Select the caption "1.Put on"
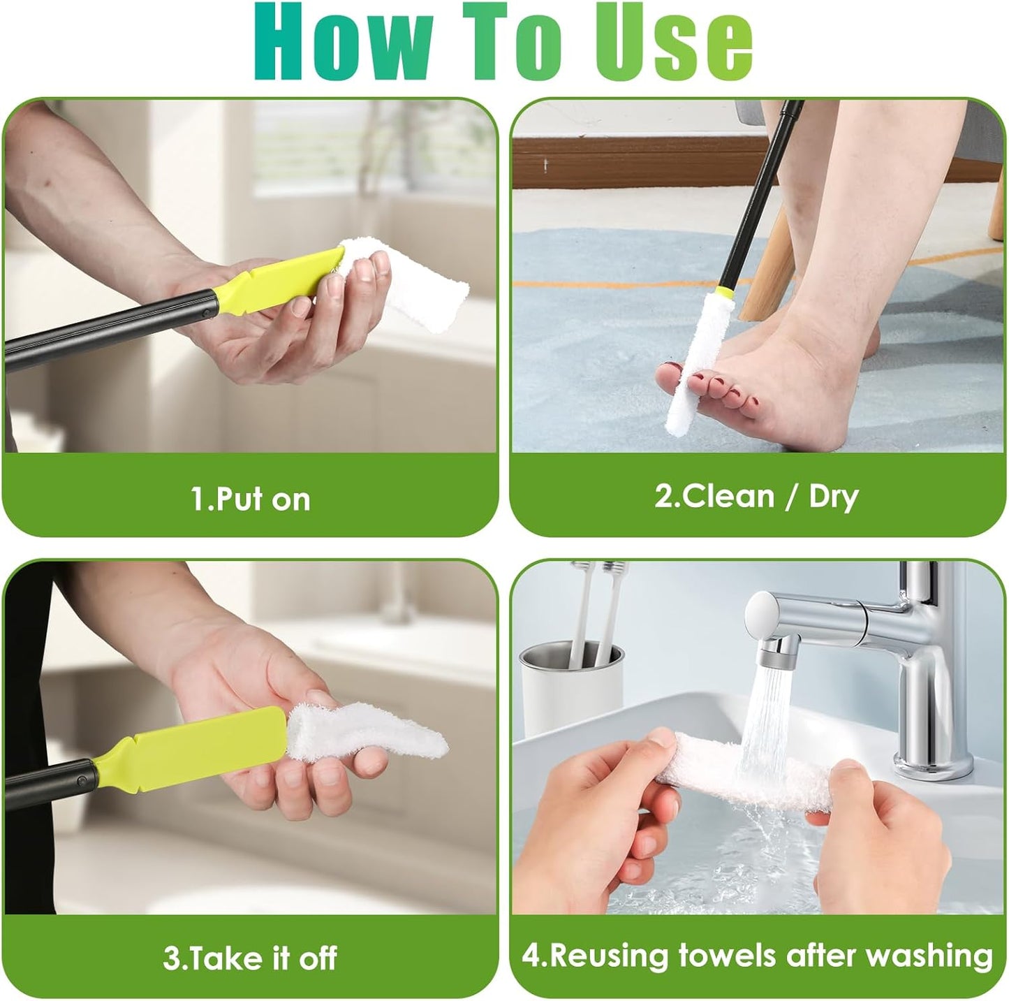pos(250,499)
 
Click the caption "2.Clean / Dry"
pos(756,497)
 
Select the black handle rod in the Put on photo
pos(105,328)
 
